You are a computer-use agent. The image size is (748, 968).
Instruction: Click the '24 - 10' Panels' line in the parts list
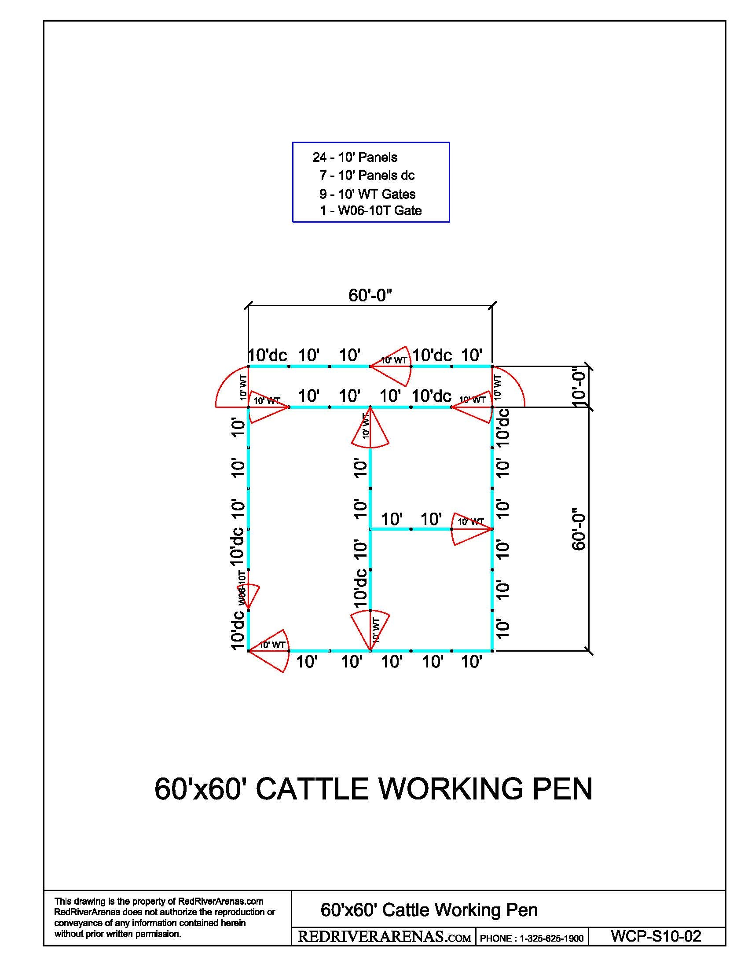point(355,158)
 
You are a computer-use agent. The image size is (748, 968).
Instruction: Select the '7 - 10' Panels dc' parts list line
point(367,176)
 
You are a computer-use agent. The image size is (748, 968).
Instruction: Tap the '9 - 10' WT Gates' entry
point(367,194)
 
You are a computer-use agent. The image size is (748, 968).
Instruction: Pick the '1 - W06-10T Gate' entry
point(370,210)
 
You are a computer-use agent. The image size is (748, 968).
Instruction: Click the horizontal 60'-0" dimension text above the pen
point(370,295)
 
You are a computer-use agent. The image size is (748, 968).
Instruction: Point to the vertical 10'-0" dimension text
point(579,387)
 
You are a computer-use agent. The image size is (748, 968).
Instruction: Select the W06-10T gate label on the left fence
point(242,589)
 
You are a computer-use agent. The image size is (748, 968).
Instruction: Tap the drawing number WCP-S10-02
point(656,936)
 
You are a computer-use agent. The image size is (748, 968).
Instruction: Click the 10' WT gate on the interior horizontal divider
point(472,529)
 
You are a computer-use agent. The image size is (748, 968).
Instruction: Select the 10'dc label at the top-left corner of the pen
point(267,355)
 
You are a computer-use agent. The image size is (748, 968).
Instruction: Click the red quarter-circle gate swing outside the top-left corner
point(231,386)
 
